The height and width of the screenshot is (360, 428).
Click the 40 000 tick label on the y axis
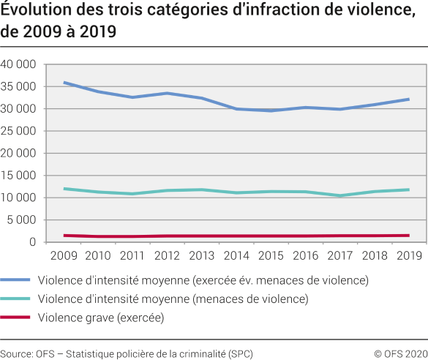pyautogui.click(x=20, y=64)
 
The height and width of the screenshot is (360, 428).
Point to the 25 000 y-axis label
pyautogui.click(x=20, y=131)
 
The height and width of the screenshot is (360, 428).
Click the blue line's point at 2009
pyautogui.click(x=65, y=83)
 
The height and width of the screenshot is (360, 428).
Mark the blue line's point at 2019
pyautogui.click(x=408, y=99)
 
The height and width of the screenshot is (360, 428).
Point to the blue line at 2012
pyautogui.click(x=168, y=93)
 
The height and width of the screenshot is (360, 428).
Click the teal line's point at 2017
pyautogui.click(x=339, y=195)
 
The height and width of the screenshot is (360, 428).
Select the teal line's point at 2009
pyautogui.click(x=65, y=189)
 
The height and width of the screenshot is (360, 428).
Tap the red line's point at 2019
pyautogui.click(x=408, y=235)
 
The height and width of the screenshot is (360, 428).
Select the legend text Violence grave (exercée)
pyautogui.click(x=101, y=317)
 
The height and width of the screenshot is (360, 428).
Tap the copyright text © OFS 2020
pyautogui.click(x=400, y=353)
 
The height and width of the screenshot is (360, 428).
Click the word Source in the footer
pyautogui.click(x=15, y=353)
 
